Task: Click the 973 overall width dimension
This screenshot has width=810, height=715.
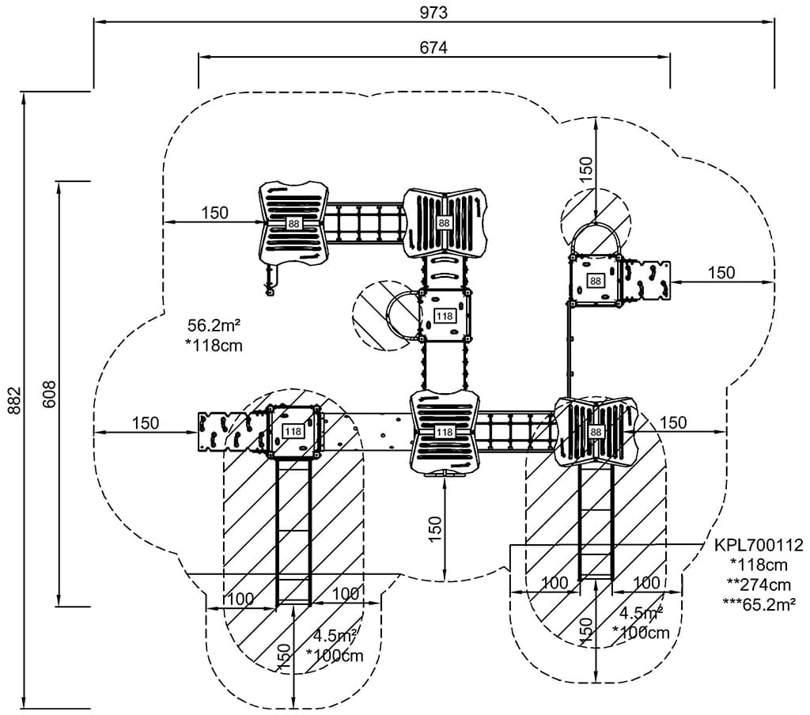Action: [x=434, y=12]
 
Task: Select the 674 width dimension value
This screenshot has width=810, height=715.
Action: [x=434, y=47]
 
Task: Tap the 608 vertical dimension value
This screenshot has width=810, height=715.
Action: [x=49, y=393]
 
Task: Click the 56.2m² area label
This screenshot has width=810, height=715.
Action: [x=214, y=326]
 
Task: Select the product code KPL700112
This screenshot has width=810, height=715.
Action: [x=759, y=545]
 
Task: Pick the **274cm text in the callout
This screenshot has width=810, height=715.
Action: [x=759, y=584]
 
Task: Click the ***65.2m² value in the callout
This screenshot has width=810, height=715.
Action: [x=759, y=603]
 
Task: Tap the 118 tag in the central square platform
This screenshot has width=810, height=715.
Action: [x=445, y=316]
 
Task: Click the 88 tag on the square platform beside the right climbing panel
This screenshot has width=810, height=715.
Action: [x=595, y=281]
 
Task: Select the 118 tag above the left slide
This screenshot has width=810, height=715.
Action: [x=293, y=432]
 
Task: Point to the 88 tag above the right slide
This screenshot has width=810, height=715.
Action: [x=595, y=432]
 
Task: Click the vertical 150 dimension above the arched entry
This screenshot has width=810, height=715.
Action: [x=586, y=169]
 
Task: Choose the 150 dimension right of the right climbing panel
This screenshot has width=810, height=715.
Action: [x=721, y=273]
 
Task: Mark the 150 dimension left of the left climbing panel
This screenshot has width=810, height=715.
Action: [x=146, y=423]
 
